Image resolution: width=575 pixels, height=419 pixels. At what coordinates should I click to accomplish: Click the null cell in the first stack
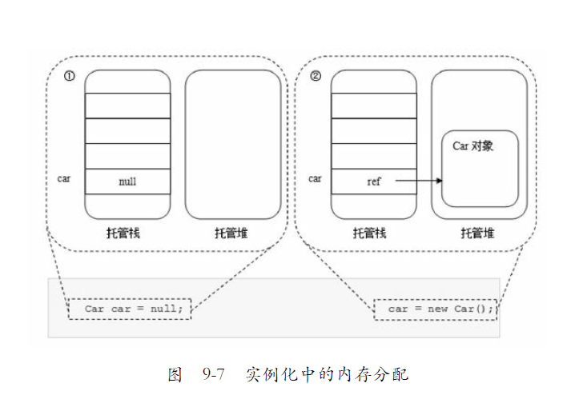point(127,182)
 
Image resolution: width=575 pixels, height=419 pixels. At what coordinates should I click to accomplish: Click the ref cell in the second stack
point(374,182)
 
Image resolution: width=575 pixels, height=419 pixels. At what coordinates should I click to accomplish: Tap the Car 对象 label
point(473,146)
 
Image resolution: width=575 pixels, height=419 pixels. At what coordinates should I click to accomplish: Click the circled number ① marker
point(70,77)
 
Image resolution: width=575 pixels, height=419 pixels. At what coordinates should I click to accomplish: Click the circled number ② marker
point(316,77)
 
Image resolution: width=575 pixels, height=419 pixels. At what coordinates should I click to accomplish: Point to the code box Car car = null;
point(130,309)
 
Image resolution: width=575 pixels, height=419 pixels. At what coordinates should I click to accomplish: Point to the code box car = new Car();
point(436,309)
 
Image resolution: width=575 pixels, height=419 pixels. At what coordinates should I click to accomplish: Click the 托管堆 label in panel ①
point(231,233)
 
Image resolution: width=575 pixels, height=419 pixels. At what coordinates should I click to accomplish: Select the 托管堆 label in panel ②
point(477,233)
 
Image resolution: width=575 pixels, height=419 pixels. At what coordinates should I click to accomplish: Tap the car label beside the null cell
point(64,178)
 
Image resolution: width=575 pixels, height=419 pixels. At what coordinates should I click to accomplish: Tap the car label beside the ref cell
point(315,178)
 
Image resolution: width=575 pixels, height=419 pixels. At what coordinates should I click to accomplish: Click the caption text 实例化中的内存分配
point(327,373)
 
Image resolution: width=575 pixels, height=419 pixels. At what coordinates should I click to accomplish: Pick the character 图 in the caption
point(175,373)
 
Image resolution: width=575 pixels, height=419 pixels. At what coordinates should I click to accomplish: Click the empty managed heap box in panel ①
point(233,144)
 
